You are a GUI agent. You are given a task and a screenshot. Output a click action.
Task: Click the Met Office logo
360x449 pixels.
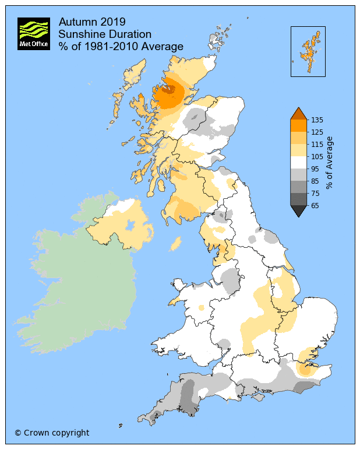pyautogui.click(x=33, y=33)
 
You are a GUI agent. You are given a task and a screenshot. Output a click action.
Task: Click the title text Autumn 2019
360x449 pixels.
pyautogui.click(x=92, y=22)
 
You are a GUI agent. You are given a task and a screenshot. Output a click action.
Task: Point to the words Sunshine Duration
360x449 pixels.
pyautogui.click(x=105, y=34)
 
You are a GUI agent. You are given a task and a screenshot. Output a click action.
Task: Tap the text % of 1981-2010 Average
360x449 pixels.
pyautogui.click(x=121, y=47)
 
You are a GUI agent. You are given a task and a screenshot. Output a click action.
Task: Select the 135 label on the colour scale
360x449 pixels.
pyautogui.click(x=316, y=120)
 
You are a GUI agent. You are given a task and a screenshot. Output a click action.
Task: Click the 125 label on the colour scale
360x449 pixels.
pyautogui.click(x=316, y=132)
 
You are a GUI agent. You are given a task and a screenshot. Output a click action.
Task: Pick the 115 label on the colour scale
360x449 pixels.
pyautogui.click(x=316, y=144)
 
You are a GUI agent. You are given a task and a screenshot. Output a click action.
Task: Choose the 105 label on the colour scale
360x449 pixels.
pyautogui.click(x=316, y=156)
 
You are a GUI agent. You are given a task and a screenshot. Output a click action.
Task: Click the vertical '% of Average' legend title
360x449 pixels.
pyautogui.click(x=330, y=163)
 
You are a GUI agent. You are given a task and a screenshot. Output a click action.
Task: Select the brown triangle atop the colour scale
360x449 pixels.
pyautogui.click(x=298, y=114)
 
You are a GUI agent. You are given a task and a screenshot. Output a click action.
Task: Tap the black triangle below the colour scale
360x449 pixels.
pyautogui.click(x=298, y=211)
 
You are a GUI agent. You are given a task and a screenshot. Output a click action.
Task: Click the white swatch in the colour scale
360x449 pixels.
pyautogui.click(x=298, y=162)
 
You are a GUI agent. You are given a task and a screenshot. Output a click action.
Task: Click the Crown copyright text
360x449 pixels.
pyautogui.click(x=52, y=433)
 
